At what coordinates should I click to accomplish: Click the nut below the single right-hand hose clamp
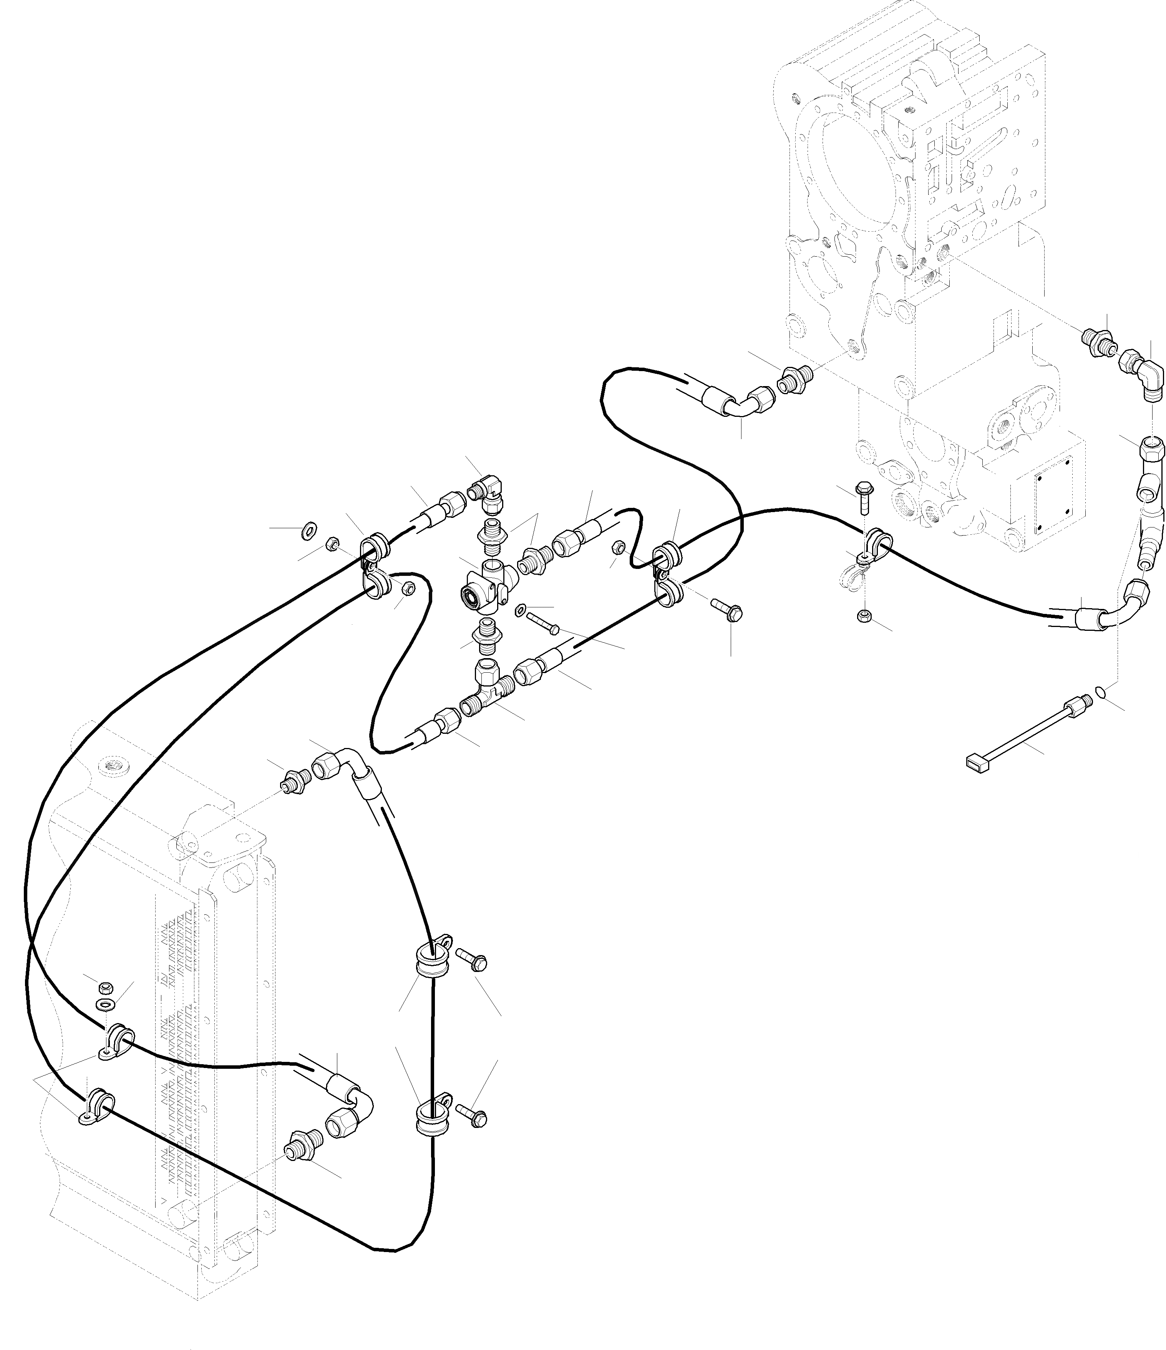[x=864, y=615]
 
